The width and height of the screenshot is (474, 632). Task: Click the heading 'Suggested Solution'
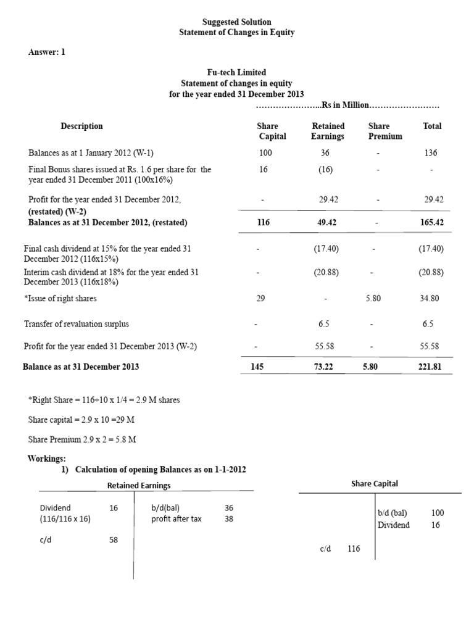pos(237,22)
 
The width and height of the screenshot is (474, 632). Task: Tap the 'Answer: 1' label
pos(46,52)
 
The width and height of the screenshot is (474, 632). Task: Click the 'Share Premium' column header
pos(379,131)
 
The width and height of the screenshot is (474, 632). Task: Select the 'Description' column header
pos(81,126)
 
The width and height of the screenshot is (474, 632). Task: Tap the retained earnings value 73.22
pos(326,367)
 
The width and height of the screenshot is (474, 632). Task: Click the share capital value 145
pos(257,367)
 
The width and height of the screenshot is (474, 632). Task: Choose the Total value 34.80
pos(430,299)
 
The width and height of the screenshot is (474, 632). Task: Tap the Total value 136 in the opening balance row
pos(431,152)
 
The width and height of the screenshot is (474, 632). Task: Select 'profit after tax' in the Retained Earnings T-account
pos(177,518)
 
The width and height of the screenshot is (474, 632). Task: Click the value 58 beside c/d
pos(114,539)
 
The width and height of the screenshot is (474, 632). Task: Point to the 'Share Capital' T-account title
pos(375,483)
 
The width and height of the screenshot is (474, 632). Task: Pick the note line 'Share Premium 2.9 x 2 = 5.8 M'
pos(82,439)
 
